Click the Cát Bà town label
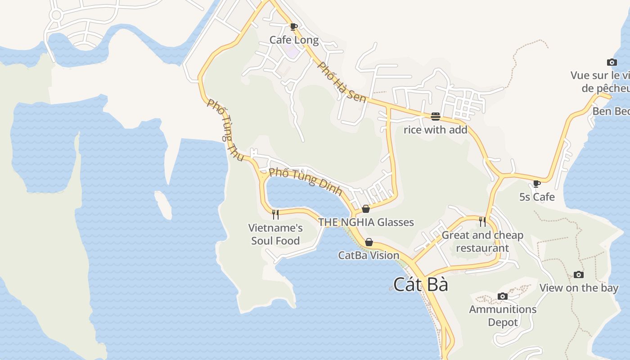tap(421, 284)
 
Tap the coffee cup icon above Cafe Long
tap(294, 27)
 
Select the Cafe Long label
tap(294, 40)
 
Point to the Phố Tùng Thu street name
tap(225, 130)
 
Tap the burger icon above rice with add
tap(435, 117)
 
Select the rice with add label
tap(435, 130)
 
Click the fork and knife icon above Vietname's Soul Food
tap(275, 214)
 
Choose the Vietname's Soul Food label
tap(275, 234)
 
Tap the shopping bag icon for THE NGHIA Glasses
tap(366, 209)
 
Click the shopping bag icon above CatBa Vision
tap(369, 243)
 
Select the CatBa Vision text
tap(369, 256)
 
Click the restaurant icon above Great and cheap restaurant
tap(482, 221)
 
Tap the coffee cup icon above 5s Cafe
tap(536, 184)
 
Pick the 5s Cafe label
tap(537, 197)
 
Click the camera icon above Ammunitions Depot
tap(503, 296)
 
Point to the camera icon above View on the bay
tap(579, 274)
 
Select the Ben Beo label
tap(611, 111)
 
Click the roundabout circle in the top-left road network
tap(56, 15)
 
